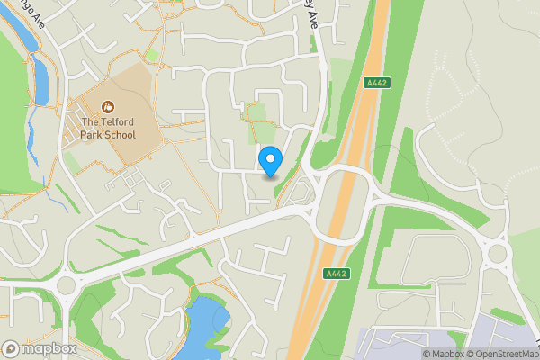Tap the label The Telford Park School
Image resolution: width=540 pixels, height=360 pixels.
[108, 129]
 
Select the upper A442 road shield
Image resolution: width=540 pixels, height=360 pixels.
[377, 82]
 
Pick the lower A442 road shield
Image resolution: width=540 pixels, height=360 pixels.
[336, 273]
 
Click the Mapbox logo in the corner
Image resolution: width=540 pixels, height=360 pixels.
[38, 348]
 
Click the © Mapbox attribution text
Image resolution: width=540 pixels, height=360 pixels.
[440, 354]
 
